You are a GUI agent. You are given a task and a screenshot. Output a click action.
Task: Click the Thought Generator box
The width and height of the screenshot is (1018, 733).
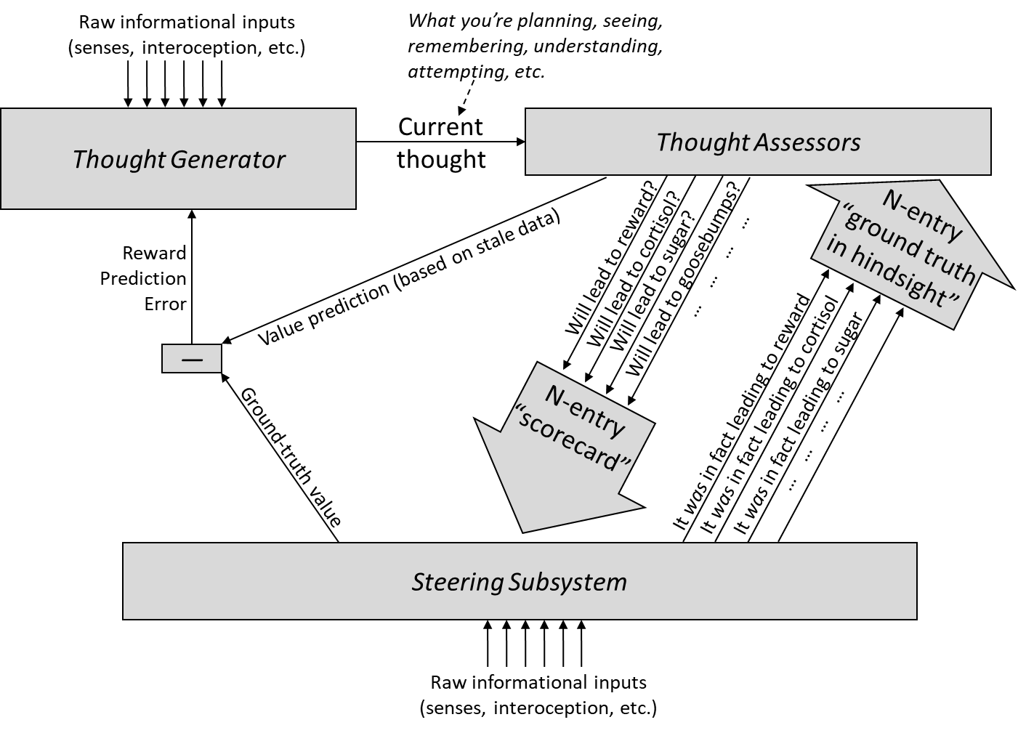(178, 158)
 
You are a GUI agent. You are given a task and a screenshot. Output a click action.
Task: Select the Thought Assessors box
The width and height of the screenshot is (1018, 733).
(758, 142)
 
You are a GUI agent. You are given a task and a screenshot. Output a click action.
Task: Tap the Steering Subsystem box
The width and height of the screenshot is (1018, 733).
(520, 580)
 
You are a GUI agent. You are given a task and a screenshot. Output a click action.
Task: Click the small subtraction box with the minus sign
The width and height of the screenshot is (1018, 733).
(192, 359)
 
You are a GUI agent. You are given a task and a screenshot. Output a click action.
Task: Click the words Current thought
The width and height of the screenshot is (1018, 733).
(441, 142)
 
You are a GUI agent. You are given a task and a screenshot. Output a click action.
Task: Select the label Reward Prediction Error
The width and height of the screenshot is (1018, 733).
(143, 278)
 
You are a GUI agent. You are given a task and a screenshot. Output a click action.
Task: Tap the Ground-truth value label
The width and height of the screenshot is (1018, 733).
(290, 457)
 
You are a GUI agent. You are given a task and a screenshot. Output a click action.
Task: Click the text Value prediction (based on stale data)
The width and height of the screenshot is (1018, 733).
(409, 278)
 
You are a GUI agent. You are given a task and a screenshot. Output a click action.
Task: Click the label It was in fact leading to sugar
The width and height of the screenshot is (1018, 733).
(799, 424)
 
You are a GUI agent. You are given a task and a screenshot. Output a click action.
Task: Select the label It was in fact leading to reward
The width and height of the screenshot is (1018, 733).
(742, 412)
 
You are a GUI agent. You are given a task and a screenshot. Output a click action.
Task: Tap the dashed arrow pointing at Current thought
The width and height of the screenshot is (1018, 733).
(467, 97)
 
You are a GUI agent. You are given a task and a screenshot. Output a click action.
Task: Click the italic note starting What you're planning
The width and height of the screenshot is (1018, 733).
(536, 46)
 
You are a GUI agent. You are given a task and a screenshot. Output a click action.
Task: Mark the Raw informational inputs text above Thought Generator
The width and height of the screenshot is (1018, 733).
(187, 35)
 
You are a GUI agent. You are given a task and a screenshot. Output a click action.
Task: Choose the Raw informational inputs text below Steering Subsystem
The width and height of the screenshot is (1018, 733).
(538, 694)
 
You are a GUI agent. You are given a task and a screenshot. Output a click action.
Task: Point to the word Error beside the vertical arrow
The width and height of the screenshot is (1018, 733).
(166, 304)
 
